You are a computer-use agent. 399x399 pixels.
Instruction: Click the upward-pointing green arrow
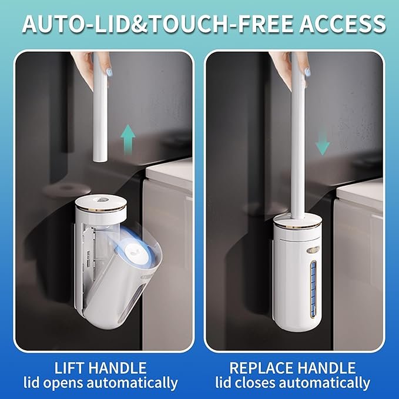coord(128,139)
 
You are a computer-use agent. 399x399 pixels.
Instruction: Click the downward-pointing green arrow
coord(323,140)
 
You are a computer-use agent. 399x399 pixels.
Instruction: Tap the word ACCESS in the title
coord(342,24)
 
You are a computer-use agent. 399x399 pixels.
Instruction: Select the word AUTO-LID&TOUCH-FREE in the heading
coord(157,24)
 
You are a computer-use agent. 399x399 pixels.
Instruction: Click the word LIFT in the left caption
coord(70,368)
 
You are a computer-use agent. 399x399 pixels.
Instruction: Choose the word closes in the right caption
coord(258,383)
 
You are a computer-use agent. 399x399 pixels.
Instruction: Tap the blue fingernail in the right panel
coord(307,71)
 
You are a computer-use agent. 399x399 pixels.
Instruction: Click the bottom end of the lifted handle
coord(100,160)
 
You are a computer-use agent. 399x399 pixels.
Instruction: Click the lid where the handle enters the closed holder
coord(298,219)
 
